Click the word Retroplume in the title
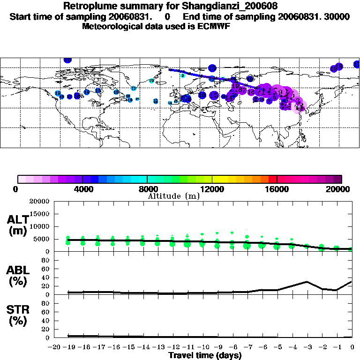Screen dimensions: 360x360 pos(86,7)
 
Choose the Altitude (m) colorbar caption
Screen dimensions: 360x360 pos(173,196)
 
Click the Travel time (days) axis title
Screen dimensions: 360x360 pos(205,356)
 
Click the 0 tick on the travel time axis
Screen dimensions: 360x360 pos(352,347)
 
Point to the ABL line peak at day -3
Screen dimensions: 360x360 pos(307,282)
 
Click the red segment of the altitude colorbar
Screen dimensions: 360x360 pos(272,179)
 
